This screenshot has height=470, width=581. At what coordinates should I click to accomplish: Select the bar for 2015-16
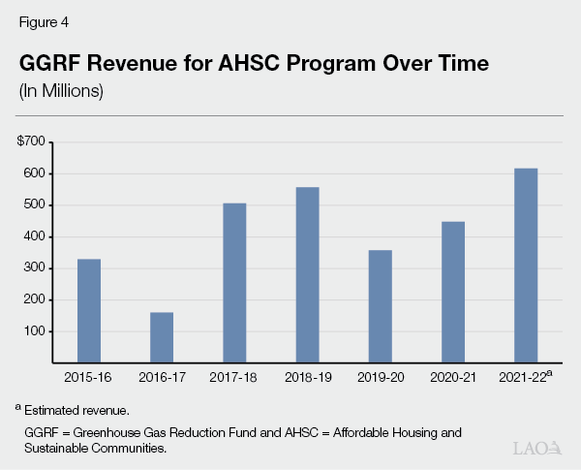(89, 310)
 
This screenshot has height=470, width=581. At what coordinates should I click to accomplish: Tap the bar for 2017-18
(234, 282)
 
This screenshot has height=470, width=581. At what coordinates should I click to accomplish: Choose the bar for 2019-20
(380, 305)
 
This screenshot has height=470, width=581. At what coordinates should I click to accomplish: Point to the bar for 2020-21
(453, 292)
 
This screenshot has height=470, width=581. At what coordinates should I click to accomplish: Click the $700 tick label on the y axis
(31, 141)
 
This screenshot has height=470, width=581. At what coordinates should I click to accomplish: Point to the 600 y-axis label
(34, 173)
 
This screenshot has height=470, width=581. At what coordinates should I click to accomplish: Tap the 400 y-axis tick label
(34, 236)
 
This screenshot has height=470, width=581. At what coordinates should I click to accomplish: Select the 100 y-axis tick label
(34, 331)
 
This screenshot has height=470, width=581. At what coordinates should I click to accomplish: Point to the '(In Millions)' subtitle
(60, 91)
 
